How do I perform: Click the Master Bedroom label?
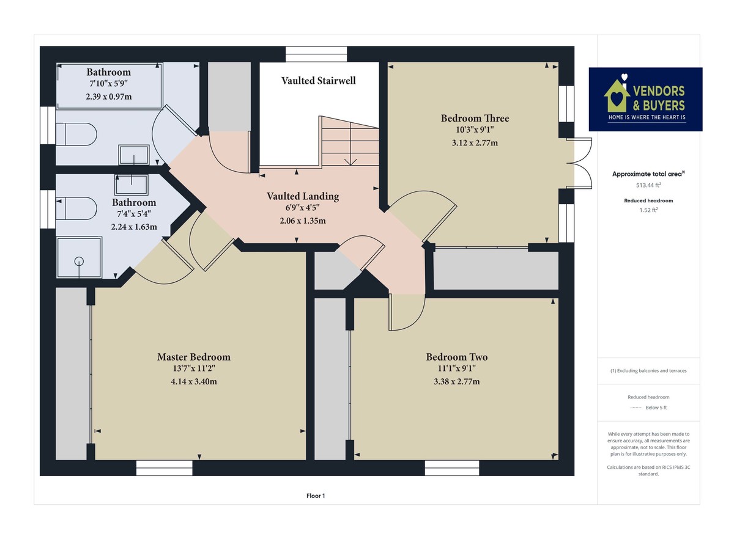click(194, 357)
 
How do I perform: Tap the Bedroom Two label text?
click(457, 357)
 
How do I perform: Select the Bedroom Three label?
click(475, 118)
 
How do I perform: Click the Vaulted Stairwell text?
click(318, 81)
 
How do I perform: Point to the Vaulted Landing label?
click(303, 196)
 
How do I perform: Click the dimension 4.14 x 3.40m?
click(194, 381)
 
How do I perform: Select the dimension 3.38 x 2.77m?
click(457, 381)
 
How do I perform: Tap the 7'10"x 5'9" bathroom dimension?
click(108, 83)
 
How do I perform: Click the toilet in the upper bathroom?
click(76, 134)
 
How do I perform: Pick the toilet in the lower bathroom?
click(76, 208)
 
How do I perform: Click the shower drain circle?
click(78, 261)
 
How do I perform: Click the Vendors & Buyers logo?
click(645, 99)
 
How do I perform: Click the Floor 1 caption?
click(316, 496)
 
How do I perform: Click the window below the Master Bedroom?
click(164, 468)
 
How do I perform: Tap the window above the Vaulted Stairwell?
click(316, 54)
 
